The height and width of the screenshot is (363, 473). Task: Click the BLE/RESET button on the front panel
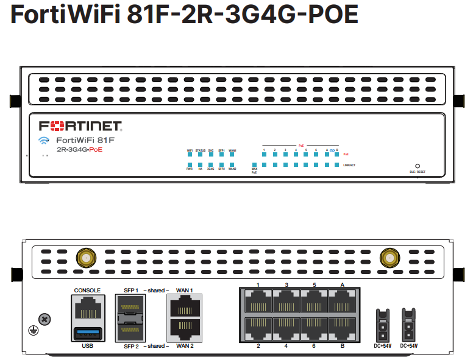(x=418, y=166)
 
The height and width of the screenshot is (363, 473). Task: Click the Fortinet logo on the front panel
(x=81, y=127)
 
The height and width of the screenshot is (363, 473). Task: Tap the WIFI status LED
(x=190, y=155)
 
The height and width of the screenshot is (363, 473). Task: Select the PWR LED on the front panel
(x=190, y=164)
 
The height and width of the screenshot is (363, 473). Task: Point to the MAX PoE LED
(x=254, y=164)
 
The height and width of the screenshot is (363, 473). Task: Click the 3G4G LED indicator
(x=211, y=164)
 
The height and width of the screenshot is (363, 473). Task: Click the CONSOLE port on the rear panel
(x=87, y=308)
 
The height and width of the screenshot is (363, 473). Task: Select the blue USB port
(x=87, y=333)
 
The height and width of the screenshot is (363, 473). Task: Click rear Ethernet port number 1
(x=258, y=301)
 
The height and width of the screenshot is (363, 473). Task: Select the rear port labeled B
(x=342, y=329)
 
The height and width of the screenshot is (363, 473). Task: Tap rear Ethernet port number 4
(x=286, y=329)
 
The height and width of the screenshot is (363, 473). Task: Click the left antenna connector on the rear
(x=86, y=258)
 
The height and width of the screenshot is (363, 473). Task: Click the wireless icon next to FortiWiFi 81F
(x=43, y=141)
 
